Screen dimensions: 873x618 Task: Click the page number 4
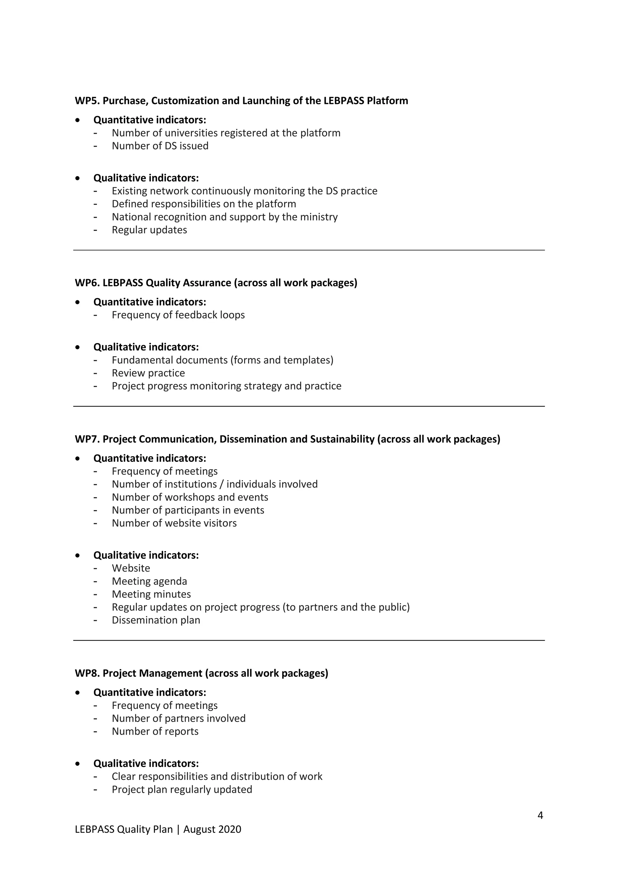[540, 815]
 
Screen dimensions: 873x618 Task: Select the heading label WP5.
[87, 101]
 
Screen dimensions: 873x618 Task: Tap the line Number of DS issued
[160, 146]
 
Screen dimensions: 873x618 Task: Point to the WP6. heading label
[87, 283]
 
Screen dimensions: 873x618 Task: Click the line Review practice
[148, 373]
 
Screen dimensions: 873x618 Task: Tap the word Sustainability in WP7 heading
[342, 439]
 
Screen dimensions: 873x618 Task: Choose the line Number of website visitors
[174, 523]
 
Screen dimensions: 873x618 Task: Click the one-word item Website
[131, 569]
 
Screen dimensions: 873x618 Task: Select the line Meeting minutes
[151, 594]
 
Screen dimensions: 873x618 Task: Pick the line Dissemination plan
[156, 620]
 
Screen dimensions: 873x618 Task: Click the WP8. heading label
[87, 673]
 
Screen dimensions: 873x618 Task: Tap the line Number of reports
[155, 732]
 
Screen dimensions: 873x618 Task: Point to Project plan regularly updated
[182, 790]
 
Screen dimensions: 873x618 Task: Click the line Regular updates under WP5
[149, 230]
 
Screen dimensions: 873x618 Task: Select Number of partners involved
[178, 719]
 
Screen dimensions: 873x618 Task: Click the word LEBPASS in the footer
[94, 829]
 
